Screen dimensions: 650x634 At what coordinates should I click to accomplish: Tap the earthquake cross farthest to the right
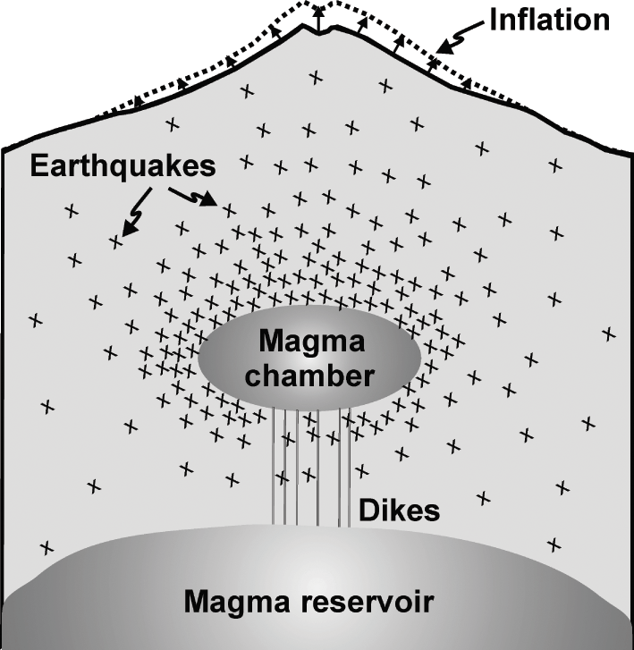click(x=609, y=333)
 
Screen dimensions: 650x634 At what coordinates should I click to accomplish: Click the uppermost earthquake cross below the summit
click(x=315, y=79)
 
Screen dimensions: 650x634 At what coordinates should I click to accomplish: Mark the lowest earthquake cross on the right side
click(x=554, y=543)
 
